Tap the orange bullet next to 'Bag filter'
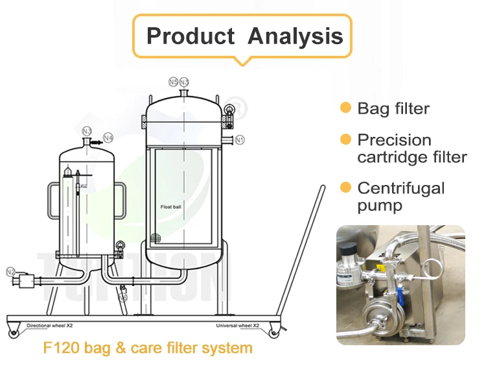(345, 108)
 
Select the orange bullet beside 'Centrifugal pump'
(345, 188)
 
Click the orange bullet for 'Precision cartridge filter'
(345, 140)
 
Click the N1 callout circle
(240, 140)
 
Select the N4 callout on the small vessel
(109, 138)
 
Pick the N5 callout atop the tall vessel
(173, 82)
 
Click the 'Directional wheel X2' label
(48, 325)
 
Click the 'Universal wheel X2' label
(237, 325)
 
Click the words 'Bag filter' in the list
(393, 108)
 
